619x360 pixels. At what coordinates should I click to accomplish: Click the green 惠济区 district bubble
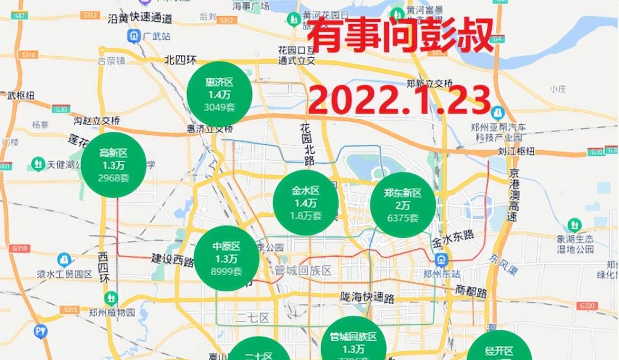[x=219, y=93]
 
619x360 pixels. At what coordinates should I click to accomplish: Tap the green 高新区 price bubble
[x=113, y=164]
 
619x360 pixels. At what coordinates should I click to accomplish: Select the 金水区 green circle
[x=305, y=202]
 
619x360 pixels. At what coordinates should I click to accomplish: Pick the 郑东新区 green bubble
[x=402, y=205]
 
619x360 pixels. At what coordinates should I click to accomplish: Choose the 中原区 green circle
[x=226, y=258]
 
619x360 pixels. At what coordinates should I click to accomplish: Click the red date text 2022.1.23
[x=399, y=101]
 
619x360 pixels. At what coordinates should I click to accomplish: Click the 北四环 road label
[x=180, y=60]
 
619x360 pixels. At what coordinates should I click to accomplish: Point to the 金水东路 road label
[x=453, y=242]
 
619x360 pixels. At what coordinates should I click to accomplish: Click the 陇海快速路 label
[x=370, y=296]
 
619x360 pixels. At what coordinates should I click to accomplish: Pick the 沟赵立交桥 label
[x=97, y=120]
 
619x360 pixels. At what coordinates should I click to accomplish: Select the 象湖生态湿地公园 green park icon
[x=574, y=225]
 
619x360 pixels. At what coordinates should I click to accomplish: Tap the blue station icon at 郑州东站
[x=442, y=259]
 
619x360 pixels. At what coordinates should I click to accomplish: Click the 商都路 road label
[x=470, y=291]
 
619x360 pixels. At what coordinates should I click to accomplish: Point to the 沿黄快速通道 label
[x=139, y=18]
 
